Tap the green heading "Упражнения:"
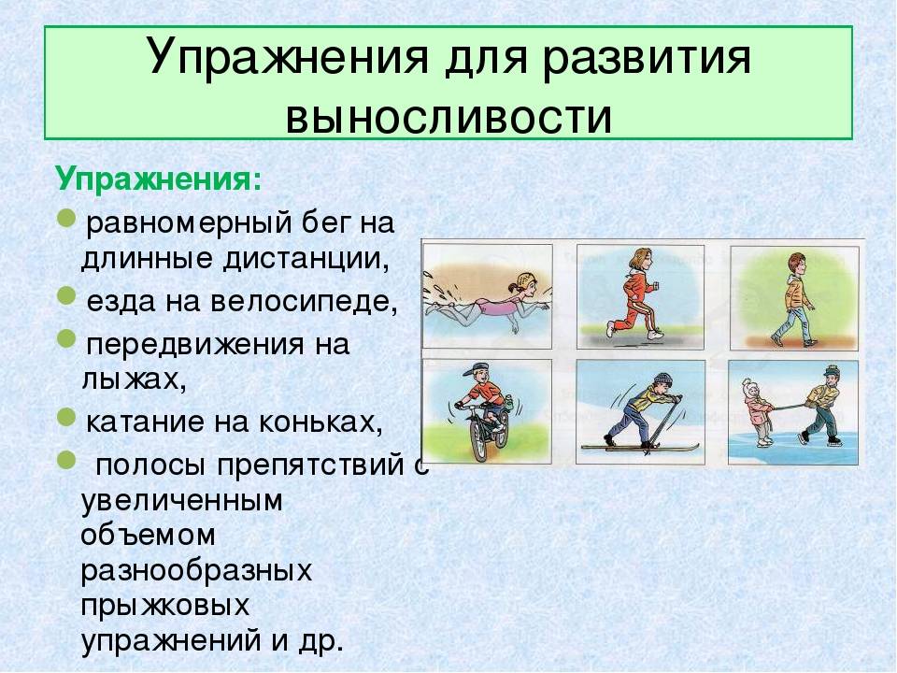tap(159, 179)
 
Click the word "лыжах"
tap(134, 379)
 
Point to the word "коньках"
tap(320, 422)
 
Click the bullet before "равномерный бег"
tap(66, 219)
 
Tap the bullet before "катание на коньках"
tap(66, 417)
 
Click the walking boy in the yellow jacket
tap(794, 300)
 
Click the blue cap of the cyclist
tap(475, 370)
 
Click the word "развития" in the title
tap(646, 57)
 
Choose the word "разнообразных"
tap(196, 571)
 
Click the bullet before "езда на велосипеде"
tap(66, 296)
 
